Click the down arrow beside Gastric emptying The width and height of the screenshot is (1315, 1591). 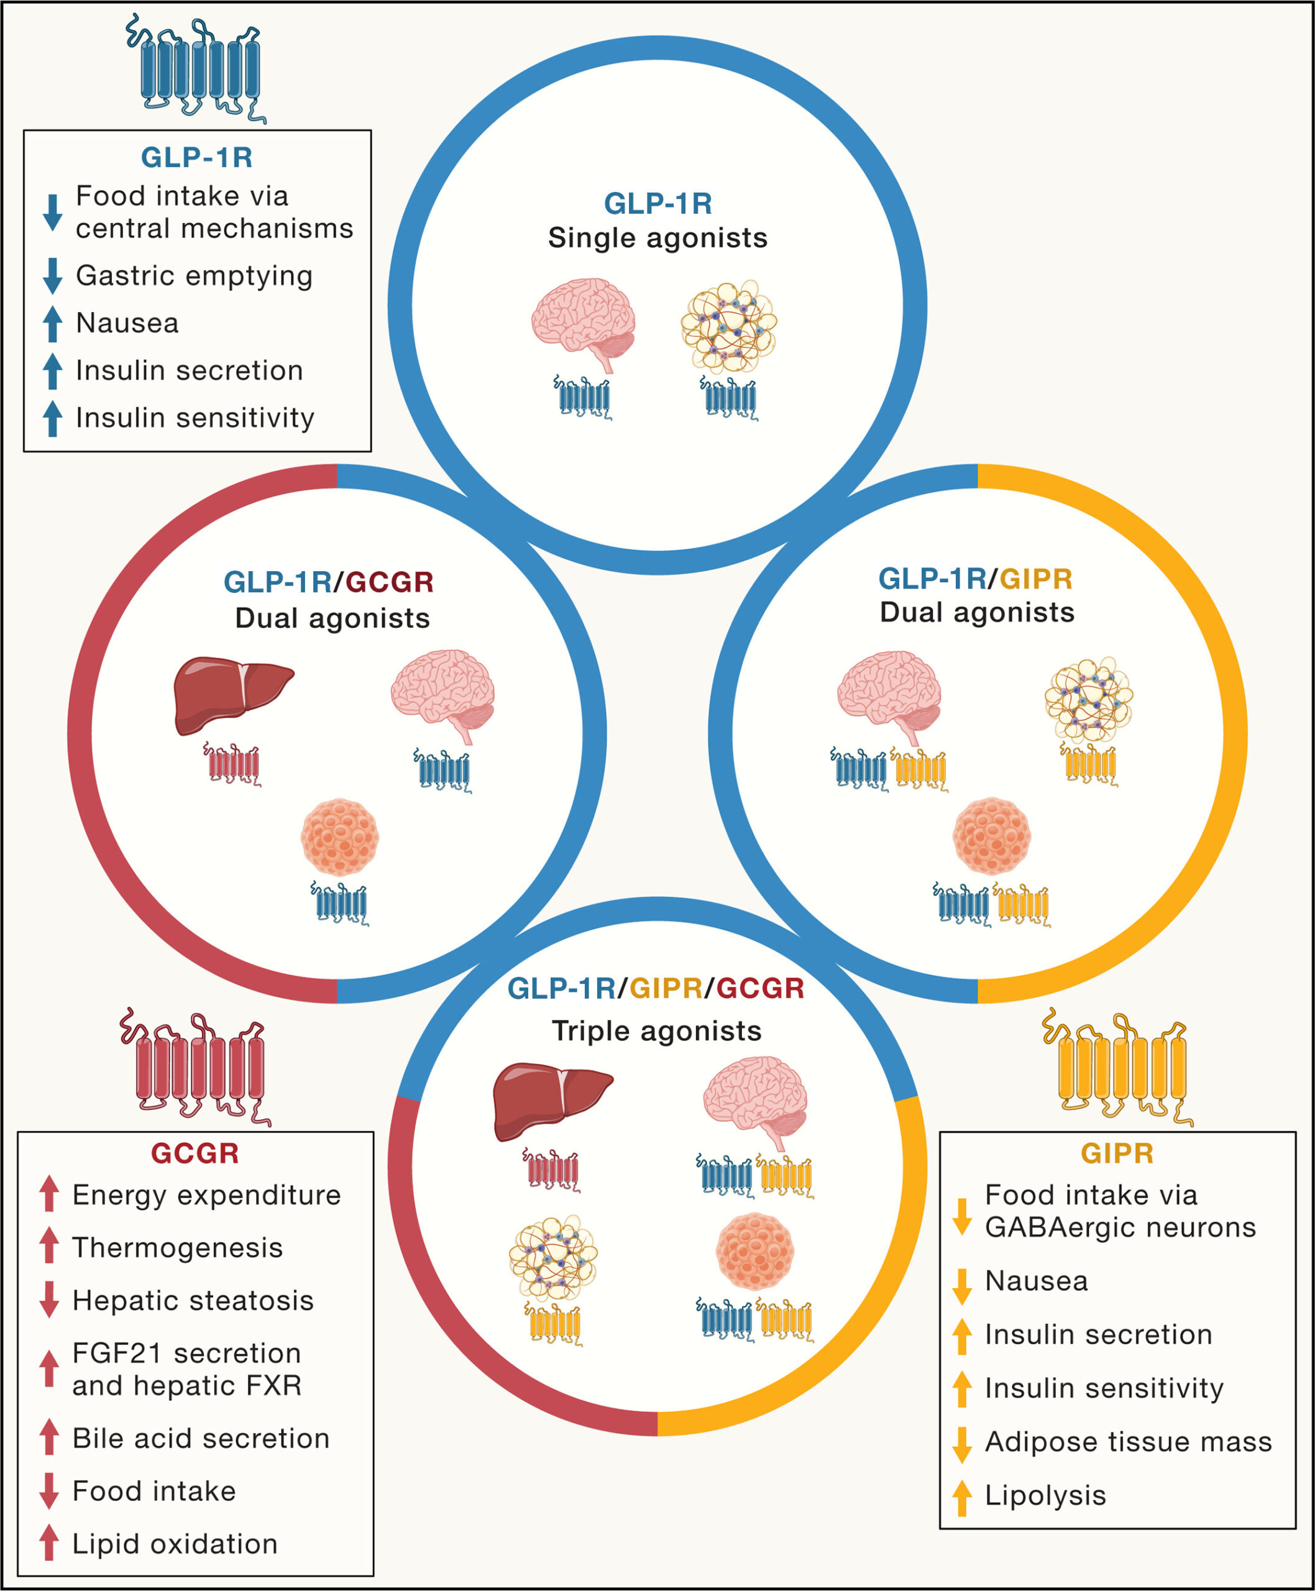52,276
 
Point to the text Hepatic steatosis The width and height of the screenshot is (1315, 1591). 193,1300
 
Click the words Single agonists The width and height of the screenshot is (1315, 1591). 657,238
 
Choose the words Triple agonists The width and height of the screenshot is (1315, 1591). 657,1031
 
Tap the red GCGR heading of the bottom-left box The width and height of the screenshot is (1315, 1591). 195,1153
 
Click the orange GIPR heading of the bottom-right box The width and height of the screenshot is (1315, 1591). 1117,1153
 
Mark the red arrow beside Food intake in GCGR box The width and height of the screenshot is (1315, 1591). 49,1491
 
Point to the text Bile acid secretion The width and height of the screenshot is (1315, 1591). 201,1438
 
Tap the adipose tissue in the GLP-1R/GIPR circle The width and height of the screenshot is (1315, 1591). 1089,699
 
